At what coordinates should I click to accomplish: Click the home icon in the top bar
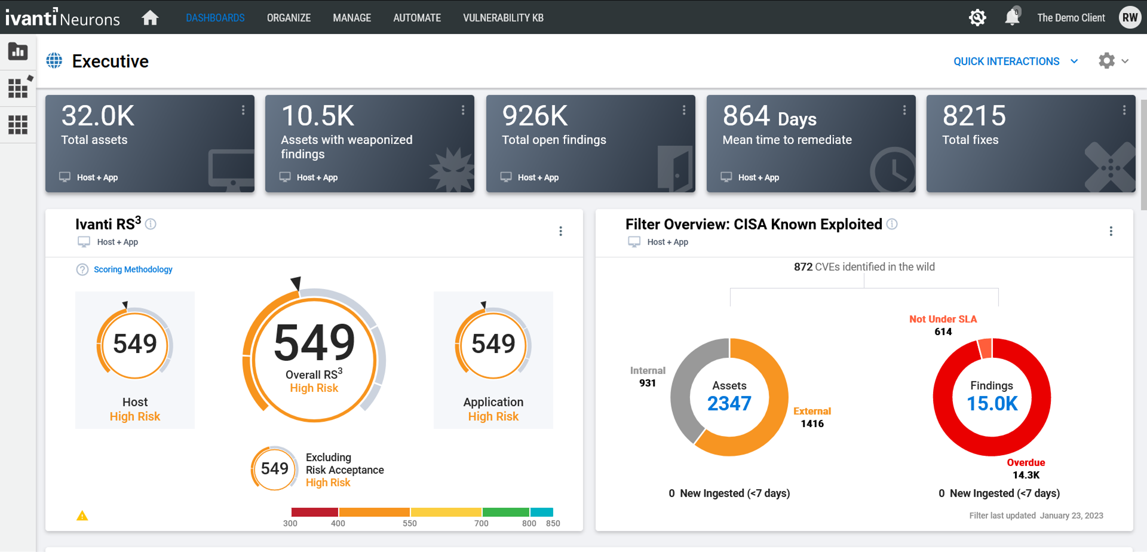pos(150,18)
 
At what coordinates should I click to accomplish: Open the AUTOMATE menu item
pos(416,18)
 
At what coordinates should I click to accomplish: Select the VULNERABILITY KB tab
pos(503,18)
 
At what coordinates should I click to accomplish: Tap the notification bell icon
pos(1011,17)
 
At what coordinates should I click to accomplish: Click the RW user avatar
pos(1129,17)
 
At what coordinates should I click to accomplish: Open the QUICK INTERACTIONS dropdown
pos(1015,62)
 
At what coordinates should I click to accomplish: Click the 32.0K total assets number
pos(98,116)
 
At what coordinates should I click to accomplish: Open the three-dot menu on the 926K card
pos(683,110)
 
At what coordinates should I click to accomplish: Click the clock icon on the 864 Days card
pos(893,170)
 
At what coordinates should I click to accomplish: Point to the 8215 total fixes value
pos(974,116)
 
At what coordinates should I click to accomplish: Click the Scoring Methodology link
pos(133,269)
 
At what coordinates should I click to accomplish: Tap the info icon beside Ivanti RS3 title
pos(151,224)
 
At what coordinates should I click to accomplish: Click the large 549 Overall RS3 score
pos(314,343)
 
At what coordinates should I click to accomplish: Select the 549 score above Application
pos(493,344)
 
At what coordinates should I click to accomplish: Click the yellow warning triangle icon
pos(82,516)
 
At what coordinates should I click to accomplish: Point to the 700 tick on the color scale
pos(482,523)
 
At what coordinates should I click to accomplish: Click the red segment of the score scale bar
pos(314,512)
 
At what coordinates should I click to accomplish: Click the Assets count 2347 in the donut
pos(729,404)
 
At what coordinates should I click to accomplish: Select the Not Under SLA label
pos(943,319)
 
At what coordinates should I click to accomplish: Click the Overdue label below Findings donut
pos(1026,462)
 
